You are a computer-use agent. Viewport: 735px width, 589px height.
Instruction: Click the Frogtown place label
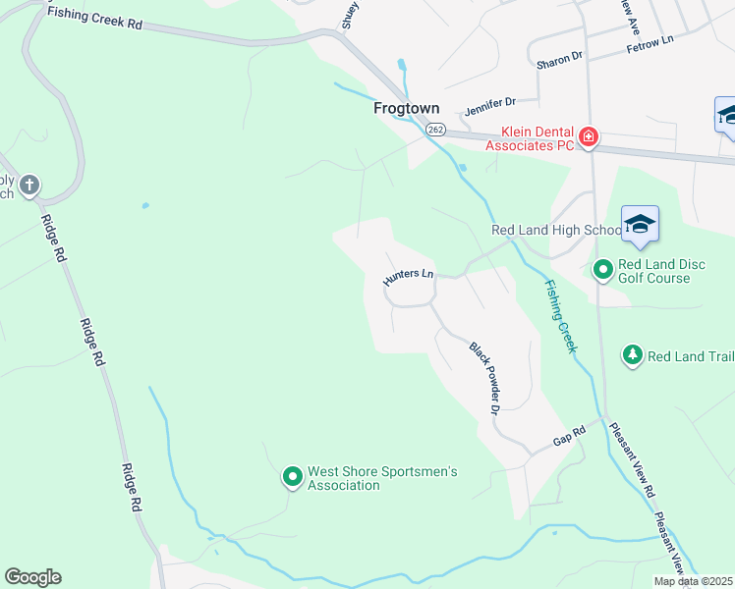tap(406, 108)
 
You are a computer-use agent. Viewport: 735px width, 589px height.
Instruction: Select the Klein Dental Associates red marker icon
tap(588, 136)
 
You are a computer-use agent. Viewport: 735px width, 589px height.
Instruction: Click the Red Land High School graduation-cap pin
tap(640, 225)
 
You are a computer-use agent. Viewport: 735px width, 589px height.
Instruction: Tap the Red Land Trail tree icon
tap(633, 354)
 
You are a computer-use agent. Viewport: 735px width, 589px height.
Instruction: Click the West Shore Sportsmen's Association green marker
tap(292, 477)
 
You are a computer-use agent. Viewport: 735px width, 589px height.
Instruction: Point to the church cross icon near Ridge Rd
tap(29, 184)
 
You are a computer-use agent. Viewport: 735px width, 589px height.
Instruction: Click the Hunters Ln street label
tap(409, 278)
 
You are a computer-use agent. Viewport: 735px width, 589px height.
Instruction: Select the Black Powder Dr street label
tap(485, 377)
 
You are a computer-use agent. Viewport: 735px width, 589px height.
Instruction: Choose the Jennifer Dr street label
tap(490, 101)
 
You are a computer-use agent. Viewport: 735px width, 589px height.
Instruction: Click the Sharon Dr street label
tap(559, 62)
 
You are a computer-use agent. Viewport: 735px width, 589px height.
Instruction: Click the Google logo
tap(32, 577)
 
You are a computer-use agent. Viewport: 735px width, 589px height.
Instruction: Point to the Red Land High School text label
tap(556, 231)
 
